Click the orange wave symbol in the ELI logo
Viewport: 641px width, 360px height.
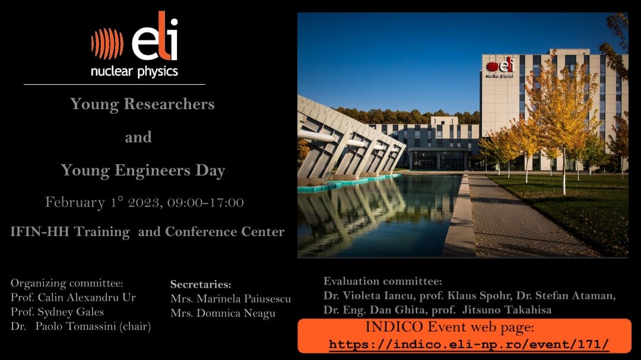(107, 44)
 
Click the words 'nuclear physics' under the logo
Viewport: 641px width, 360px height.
(134, 72)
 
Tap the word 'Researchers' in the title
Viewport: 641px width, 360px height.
(169, 104)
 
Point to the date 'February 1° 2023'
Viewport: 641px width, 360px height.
(104, 202)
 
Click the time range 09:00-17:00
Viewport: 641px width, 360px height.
(205, 202)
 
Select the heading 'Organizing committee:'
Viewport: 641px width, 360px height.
(66, 283)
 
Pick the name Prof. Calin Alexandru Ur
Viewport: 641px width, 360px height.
(73, 297)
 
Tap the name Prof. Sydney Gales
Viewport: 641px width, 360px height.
(57, 312)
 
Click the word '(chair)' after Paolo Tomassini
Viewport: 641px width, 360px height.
(135, 327)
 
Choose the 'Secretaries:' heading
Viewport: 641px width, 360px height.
(201, 284)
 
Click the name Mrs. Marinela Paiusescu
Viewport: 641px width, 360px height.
(230, 299)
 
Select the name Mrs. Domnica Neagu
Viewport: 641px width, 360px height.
(223, 313)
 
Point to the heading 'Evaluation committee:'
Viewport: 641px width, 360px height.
(383, 281)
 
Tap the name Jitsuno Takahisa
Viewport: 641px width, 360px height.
(506, 310)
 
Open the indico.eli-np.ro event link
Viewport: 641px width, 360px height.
(468, 344)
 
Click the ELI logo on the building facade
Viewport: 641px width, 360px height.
(500, 68)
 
